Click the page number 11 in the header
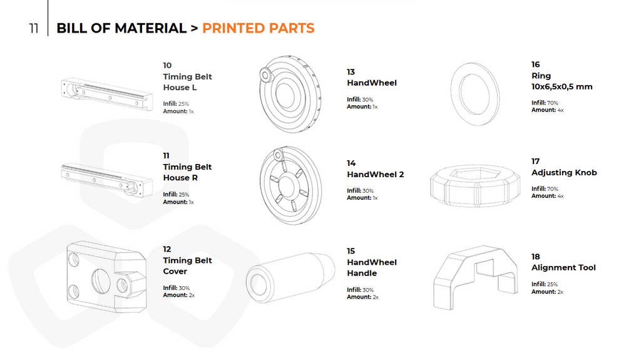34,28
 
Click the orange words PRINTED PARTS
259,28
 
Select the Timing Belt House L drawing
107,94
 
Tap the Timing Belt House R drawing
107,180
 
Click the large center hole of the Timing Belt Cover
101,281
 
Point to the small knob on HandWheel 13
265,75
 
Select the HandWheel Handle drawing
290,278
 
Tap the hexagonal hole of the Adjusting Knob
475,174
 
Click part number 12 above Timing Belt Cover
167,249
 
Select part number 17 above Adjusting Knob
536,161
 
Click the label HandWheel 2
376,174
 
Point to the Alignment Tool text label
563,267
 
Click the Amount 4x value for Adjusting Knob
560,196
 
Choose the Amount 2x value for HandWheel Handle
376,297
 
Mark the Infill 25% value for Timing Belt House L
183,104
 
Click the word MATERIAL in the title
150,28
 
